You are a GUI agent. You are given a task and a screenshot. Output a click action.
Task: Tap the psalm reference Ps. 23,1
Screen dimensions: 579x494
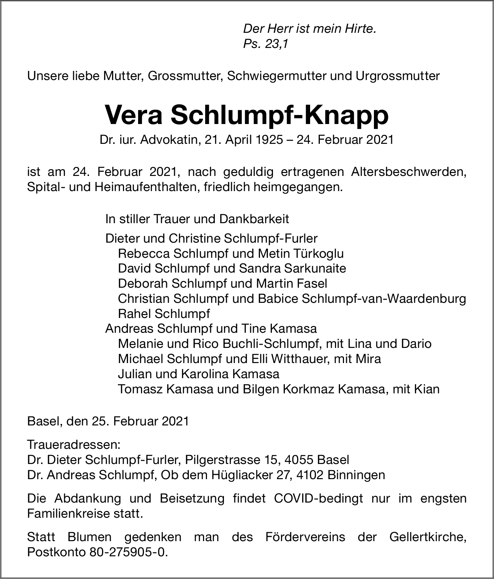[x=266, y=44]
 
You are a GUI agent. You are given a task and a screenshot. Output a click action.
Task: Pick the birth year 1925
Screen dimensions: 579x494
[x=269, y=140]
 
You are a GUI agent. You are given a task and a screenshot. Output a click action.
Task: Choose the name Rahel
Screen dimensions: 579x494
[x=134, y=314]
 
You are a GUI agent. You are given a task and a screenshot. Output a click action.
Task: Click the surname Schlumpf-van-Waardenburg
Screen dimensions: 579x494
[x=383, y=299]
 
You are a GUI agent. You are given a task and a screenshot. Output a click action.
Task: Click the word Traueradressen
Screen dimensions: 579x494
[x=74, y=445]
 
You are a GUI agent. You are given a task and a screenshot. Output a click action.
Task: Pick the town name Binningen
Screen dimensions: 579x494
[x=356, y=475]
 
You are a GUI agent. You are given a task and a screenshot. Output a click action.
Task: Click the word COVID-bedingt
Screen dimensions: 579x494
[x=318, y=499]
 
